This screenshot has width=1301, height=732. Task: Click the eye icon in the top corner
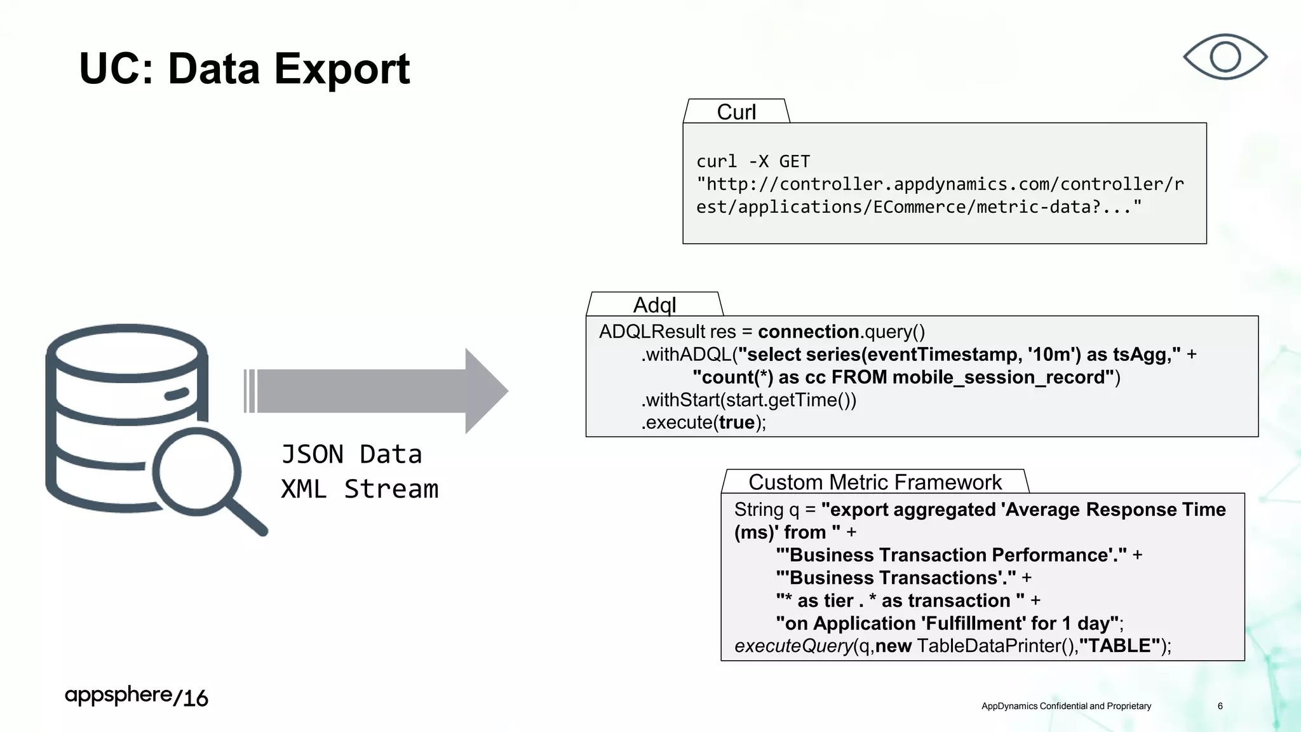click(x=1225, y=57)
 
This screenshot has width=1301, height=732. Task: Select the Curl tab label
click(x=736, y=112)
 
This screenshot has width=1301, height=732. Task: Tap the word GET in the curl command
click(x=794, y=161)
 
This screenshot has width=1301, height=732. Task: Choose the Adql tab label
click(x=654, y=305)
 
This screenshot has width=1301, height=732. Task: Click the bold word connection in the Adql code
click(x=808, y=332)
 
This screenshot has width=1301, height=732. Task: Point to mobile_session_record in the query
click(x=998, y=377)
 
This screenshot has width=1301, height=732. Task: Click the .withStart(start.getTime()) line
click(x=748, y=400)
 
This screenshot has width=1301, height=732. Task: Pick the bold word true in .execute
click(x=736, y=423)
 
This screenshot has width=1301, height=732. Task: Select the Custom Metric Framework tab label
click(x=875, y=482)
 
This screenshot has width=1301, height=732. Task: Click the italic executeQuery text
click(x=793, y=646)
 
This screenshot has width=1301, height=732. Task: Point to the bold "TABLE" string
click(x=1120, y=646)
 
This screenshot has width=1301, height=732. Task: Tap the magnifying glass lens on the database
click(x=197, y=471)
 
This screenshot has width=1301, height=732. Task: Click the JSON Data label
click(x=351, y=455)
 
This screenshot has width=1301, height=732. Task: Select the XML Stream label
click(x=360, y=489)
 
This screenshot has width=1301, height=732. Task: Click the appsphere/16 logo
click(x=136, y=696)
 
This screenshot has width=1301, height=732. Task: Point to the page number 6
click(x=1220, y=706)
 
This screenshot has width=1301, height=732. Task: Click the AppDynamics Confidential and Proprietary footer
click(x=1066, y=706)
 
